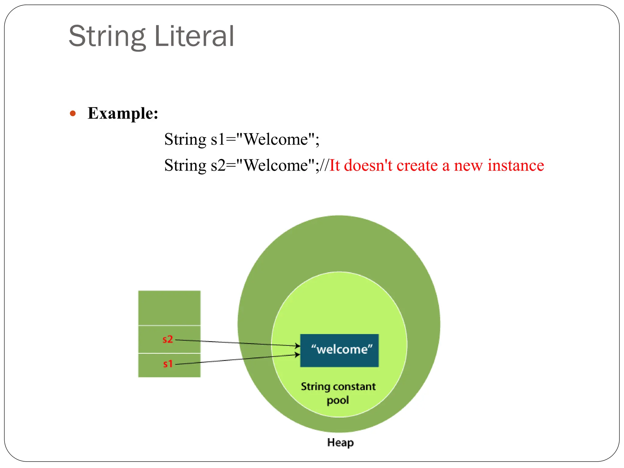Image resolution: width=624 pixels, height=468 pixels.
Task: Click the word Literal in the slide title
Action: [x=194, y=37]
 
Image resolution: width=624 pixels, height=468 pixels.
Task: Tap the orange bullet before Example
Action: [x=73, y=114]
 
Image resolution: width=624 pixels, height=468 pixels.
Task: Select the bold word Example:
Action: [x=123, y=113]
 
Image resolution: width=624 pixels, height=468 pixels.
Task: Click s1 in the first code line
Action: [x=218, y=140]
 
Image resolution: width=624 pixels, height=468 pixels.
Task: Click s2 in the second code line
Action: [x=218, y=165]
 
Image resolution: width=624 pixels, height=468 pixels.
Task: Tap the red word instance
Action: [x=516, y=165]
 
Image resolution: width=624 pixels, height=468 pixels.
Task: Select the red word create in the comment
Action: [x=417, y=165]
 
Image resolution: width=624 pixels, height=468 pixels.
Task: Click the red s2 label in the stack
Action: [x=168, y=339]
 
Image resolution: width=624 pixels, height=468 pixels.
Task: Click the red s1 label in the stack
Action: [x=168, y=363]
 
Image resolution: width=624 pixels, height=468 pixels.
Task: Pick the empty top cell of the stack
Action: [x=169, y=308]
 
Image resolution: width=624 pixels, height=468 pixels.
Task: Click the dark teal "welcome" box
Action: [x=339, y=350]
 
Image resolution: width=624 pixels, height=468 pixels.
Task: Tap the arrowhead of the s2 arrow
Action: [x=298, y=346]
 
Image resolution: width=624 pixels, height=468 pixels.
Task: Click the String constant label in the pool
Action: [x=338, y=386]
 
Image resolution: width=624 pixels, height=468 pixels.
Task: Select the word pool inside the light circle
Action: [x=338, y=400]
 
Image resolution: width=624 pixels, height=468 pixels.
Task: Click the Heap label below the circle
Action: [x=340, y=442]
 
